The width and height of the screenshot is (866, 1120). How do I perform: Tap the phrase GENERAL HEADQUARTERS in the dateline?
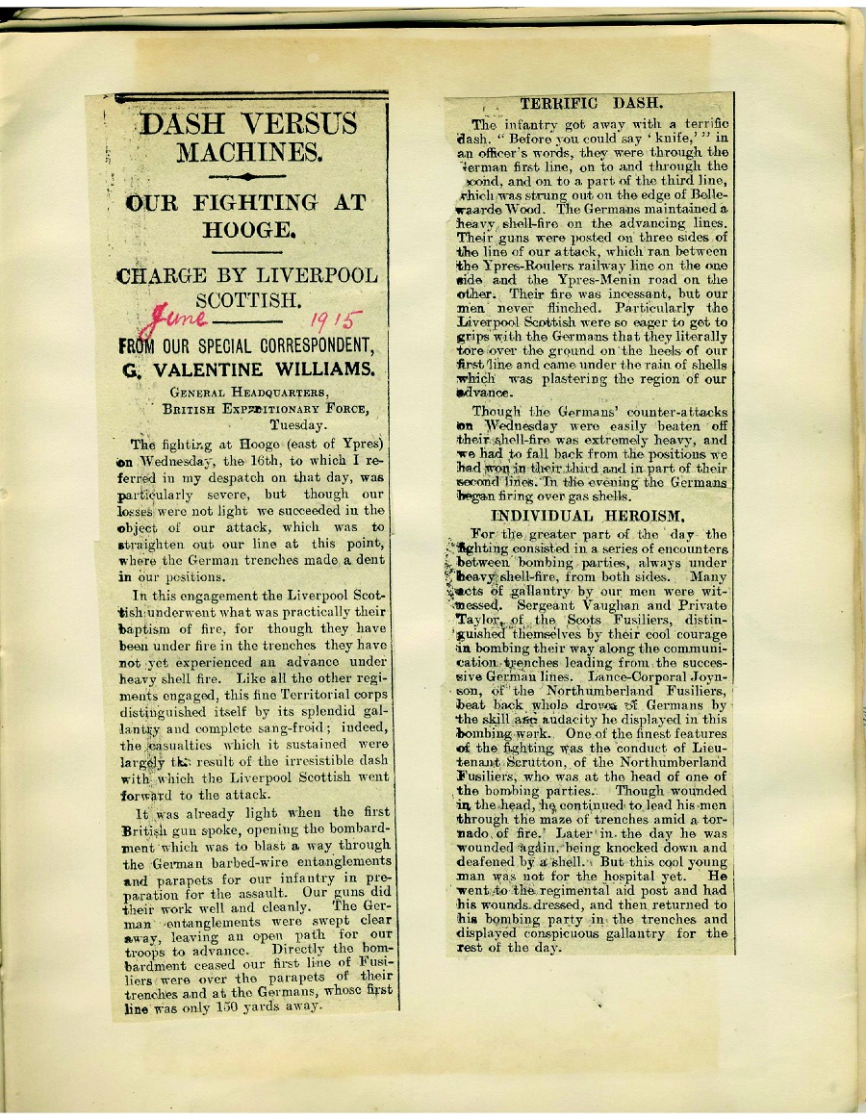pyautogui.click(x=241, y=393)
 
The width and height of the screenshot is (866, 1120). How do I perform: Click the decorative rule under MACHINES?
pyautogui.click(x=250, y=177)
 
